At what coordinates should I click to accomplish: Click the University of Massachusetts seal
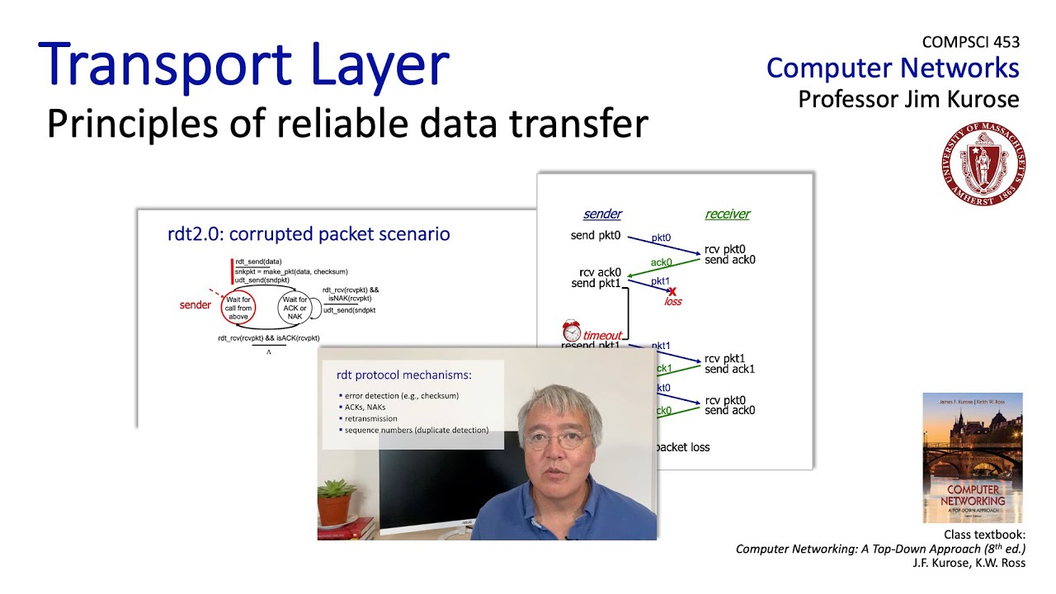point(983,163)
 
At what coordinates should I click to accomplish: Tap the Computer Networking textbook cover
point(972,457)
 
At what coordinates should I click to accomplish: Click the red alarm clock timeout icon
point(572,331)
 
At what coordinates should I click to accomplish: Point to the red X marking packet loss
point(672,291)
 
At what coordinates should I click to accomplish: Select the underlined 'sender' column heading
point(602,214)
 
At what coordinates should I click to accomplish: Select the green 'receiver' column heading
point(727,214)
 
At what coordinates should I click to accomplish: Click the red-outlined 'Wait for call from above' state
point(238,308)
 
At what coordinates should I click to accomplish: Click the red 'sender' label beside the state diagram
point(196,305)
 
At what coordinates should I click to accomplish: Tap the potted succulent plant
point(335,500)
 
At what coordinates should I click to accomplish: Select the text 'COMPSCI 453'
point(970,42)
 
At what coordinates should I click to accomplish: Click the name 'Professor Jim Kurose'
point(908,100)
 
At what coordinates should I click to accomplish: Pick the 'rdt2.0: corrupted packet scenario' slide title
point(309,234)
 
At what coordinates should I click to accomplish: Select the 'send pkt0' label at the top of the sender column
point(595,236)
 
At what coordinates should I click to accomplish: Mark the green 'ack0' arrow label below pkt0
point(661,262)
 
